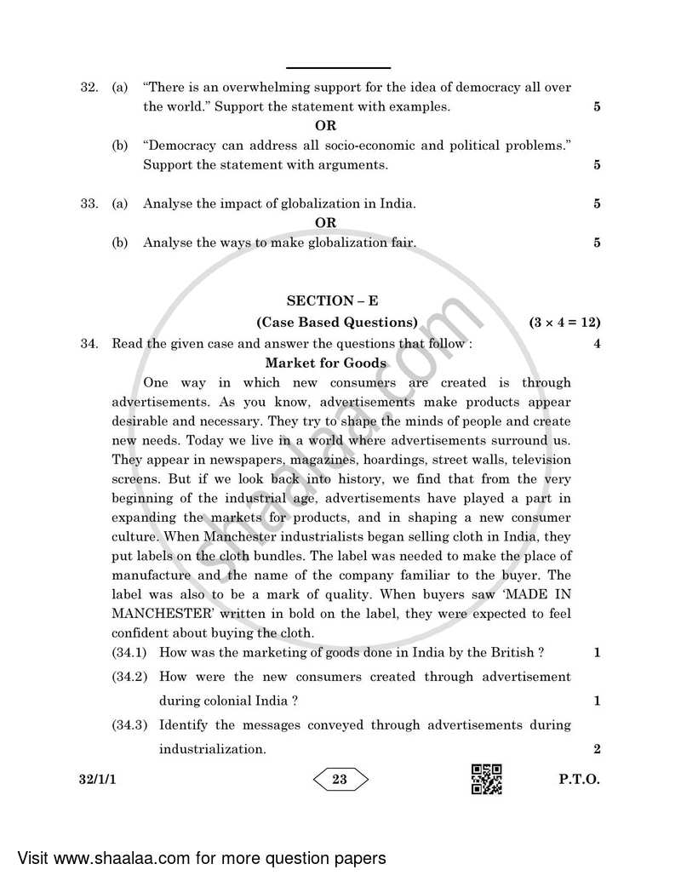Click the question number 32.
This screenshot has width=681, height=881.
[x=89, y=87]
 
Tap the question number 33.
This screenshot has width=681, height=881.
[x=89, y=203]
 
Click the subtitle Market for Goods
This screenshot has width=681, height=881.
[x=325, y=363]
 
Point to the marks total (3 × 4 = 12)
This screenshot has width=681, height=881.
[x=564, y=323]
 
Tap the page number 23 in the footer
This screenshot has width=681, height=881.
[x=340, y=779]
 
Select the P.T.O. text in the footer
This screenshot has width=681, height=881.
[x=581, y=779]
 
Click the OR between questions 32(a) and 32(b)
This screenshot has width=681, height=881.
[x=325, y=126]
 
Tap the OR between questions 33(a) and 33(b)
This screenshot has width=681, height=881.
[x=325, y=223]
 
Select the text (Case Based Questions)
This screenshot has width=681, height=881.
[x=337, y=323]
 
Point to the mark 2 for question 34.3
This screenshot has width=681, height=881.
[x=597, y=749]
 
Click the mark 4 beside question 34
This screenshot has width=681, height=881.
[x=597, y=344]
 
